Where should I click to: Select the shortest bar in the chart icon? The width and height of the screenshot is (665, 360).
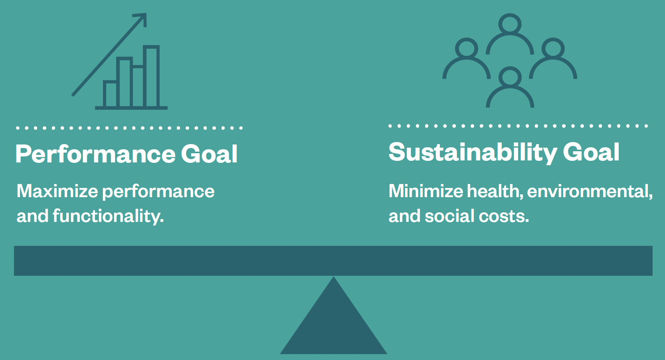pos(110,94)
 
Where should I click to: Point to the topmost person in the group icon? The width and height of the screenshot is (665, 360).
pos(510,34)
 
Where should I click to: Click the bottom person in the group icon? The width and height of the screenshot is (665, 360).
pos(510,88)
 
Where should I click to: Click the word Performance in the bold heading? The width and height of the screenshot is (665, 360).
pos(95,154)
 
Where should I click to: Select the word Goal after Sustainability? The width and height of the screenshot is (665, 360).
pos(591,152)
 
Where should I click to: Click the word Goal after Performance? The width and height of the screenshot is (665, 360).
pos(209,154)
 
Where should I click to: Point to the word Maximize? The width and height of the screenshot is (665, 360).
pos(57,191)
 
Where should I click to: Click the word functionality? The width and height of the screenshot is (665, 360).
pos(108,216)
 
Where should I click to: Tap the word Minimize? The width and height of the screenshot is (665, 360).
pos(426,191)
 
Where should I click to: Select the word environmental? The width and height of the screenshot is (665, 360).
pos(590,191)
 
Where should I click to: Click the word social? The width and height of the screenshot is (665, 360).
pos(449,216)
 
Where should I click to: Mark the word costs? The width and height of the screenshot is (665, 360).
pos(504,216)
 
